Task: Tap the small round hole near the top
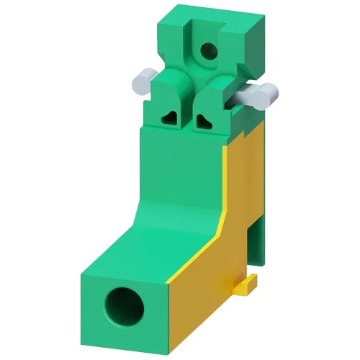click(x=207, y=50)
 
